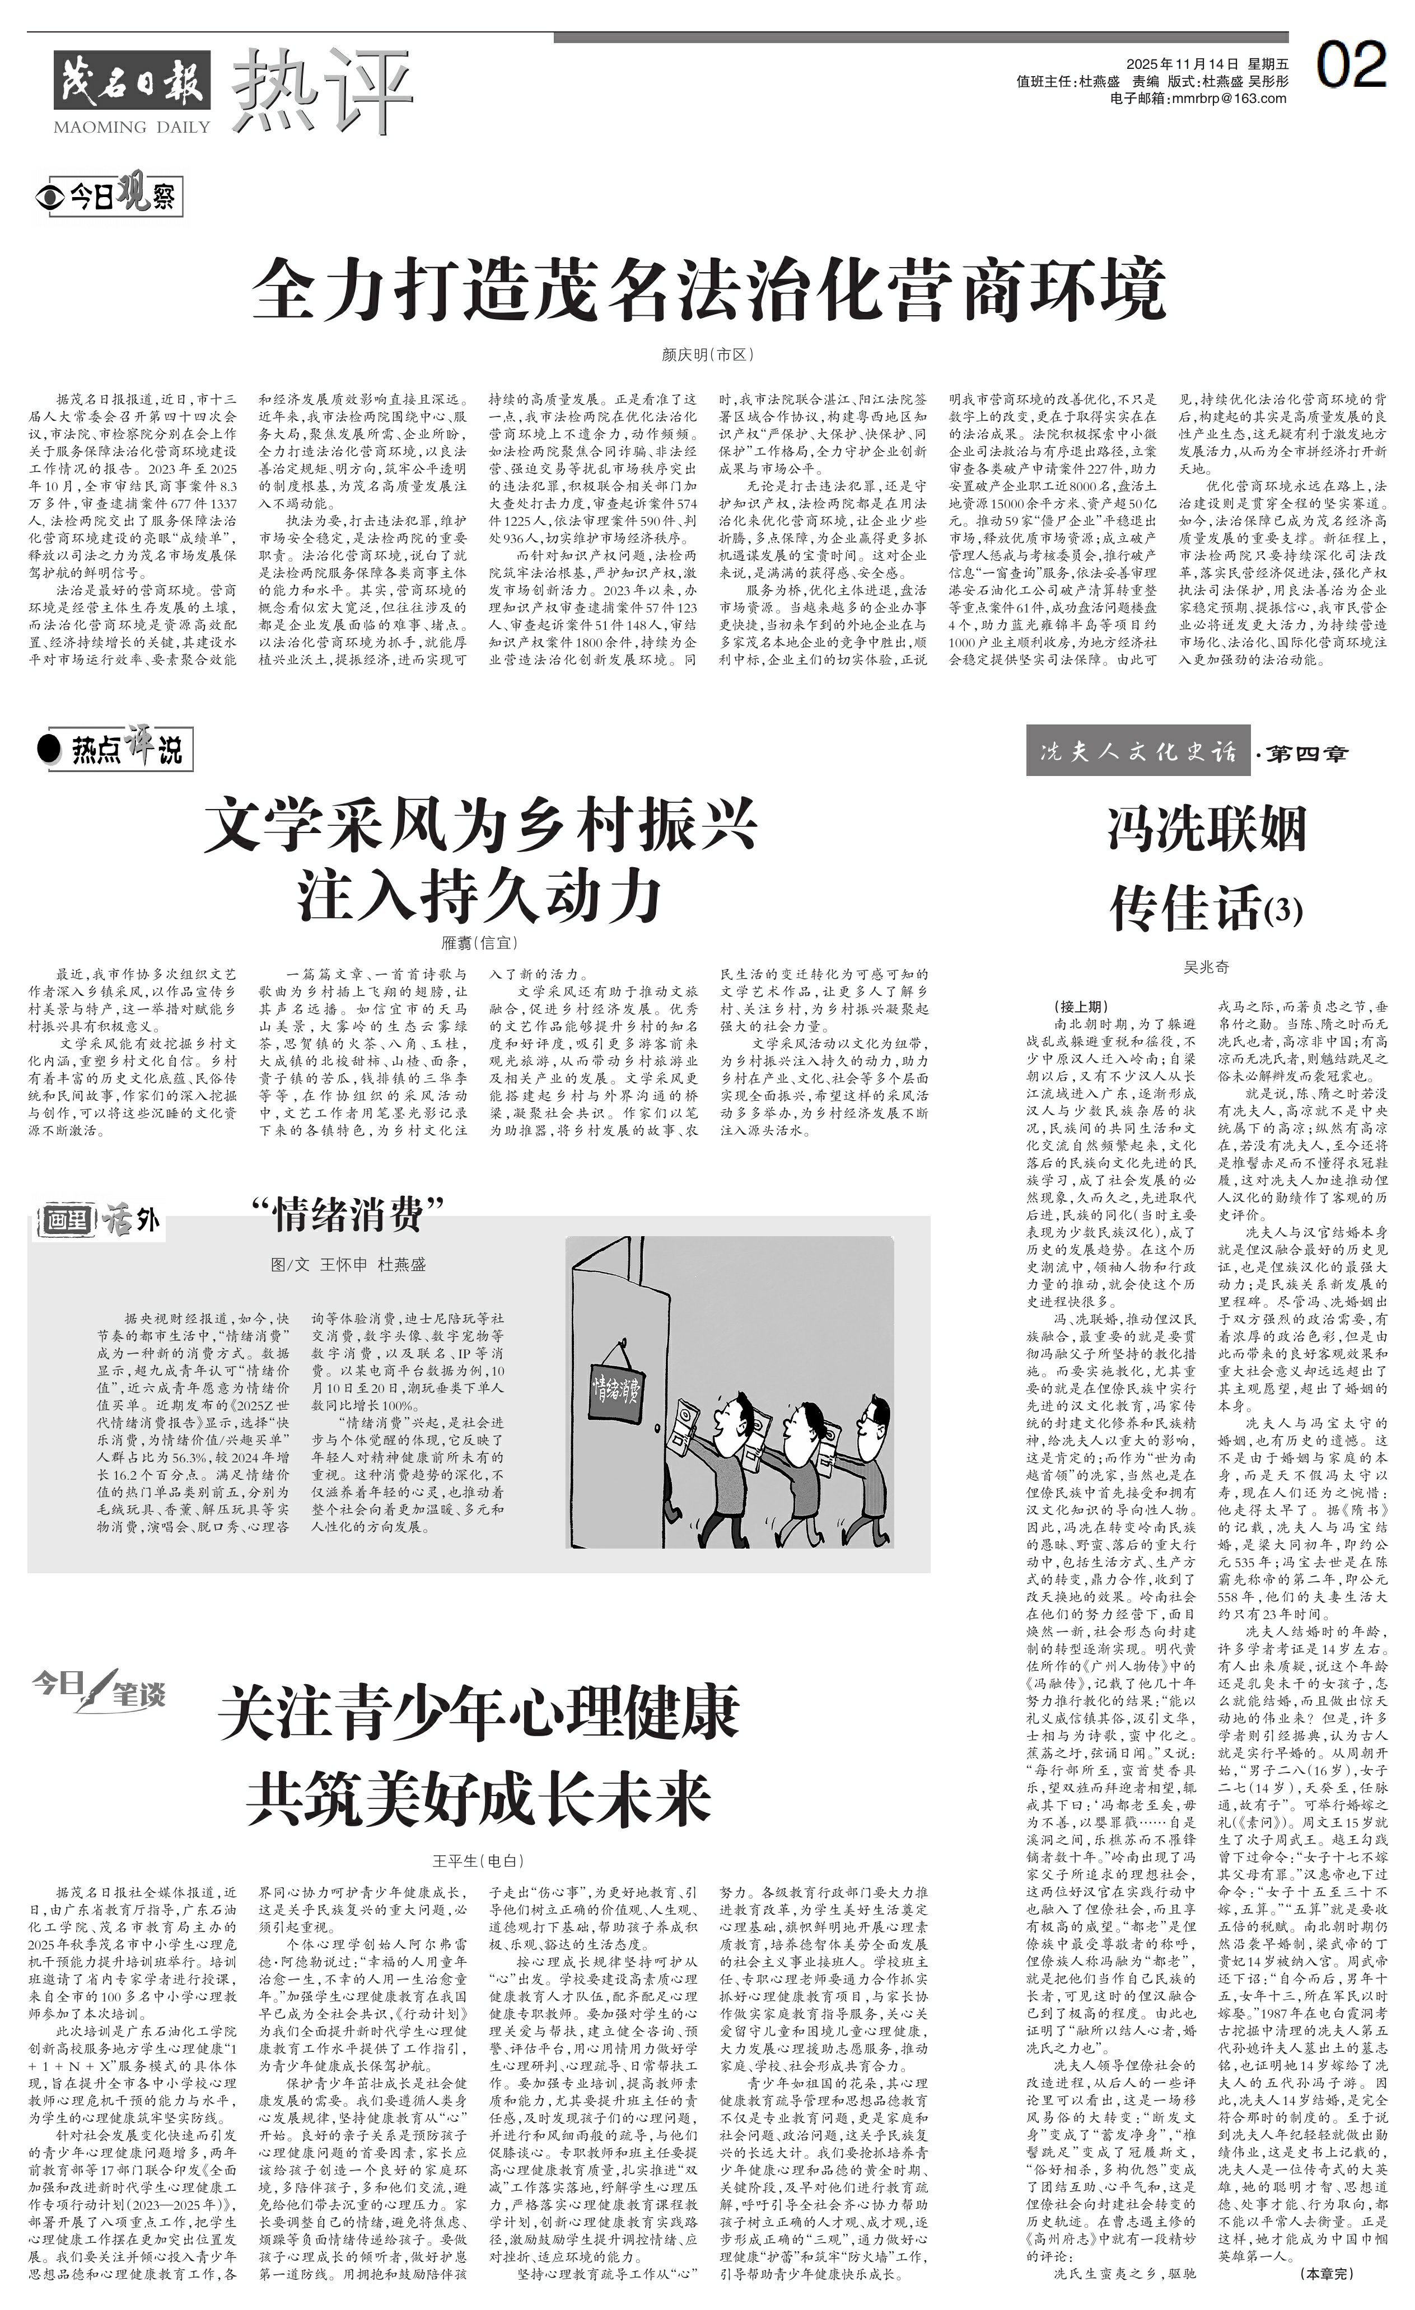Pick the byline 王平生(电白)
coord(478,1860)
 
